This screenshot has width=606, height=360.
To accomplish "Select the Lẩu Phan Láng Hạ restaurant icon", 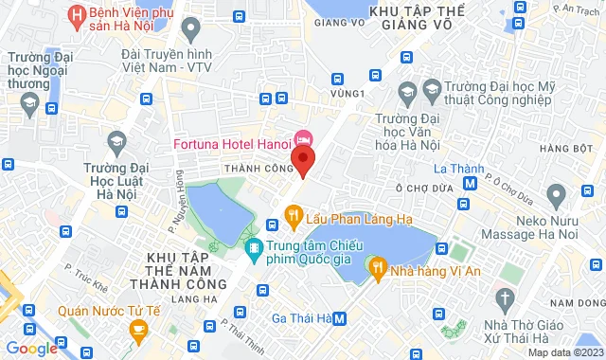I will pos(294,215).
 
